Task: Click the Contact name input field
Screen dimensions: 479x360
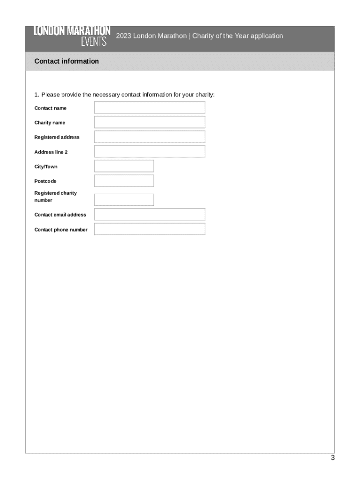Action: coord(150,108)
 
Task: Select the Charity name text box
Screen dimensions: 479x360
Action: coord(150,122)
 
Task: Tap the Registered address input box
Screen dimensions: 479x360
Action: coord(150,137)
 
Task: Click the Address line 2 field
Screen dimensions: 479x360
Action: coord(150,152)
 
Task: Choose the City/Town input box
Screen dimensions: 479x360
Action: coord(124,166)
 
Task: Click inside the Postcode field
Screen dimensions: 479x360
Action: coord(124,181)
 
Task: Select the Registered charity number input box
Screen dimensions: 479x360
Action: coord(124,200)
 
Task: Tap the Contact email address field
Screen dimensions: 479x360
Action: coord(150,214)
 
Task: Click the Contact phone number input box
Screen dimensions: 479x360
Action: coord(150,229)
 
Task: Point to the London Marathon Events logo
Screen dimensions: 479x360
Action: coord(72,36)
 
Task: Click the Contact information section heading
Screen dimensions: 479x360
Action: coord(66,61)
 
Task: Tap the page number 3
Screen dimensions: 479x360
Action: coord(332,458)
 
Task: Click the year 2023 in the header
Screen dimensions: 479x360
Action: coord(123,36)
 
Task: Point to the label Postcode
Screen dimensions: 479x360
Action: coord(45,181)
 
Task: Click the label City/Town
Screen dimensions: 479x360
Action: coord(46,167)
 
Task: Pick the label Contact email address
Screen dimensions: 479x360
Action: coord(60,215)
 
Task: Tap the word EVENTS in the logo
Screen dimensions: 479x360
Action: coord(94,42)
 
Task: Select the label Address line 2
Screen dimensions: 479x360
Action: coord(51,152)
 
